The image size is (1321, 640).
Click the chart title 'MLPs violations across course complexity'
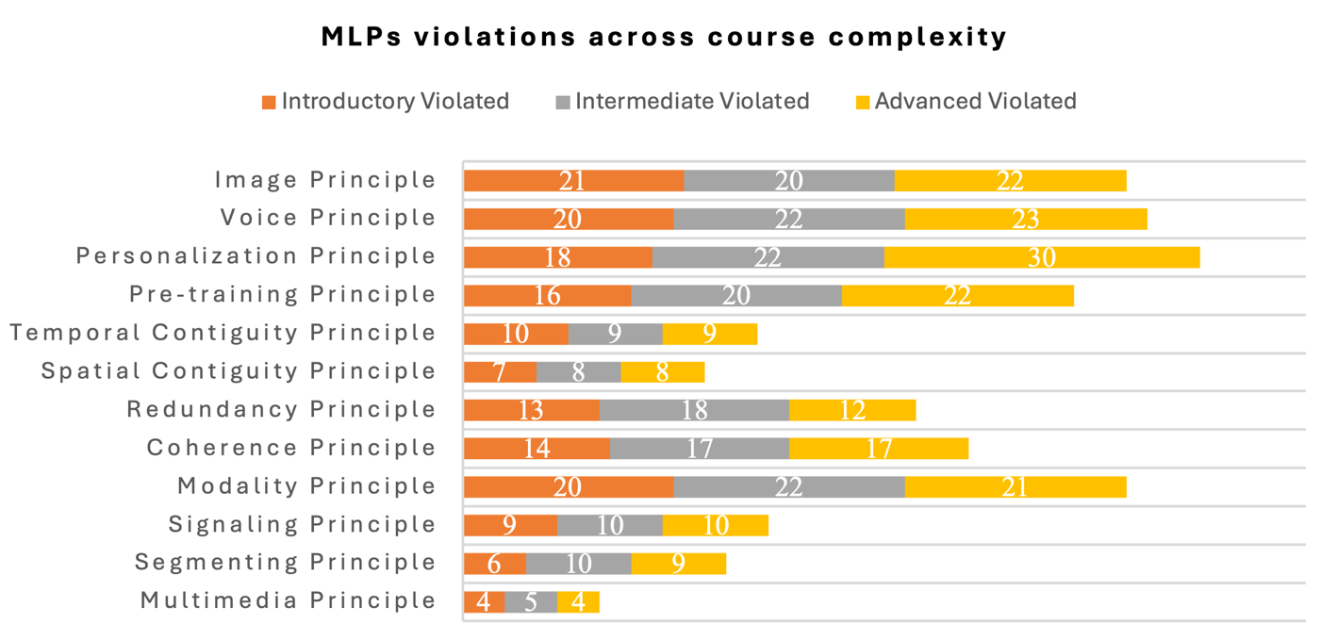(664, 37)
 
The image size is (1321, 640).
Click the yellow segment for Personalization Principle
(1041, 257)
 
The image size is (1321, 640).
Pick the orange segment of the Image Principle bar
(573, 180)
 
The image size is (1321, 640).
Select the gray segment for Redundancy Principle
(694, 410)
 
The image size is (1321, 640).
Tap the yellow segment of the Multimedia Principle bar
(578, 601)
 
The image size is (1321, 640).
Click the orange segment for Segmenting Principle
(494, 564)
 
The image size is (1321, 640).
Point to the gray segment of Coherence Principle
(699, 449)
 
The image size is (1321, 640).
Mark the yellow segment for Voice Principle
(1025, 219)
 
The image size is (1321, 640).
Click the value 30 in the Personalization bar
(1041, 257)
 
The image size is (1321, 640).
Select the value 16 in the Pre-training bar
(547, 295)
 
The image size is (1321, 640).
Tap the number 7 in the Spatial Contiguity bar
(500, 371)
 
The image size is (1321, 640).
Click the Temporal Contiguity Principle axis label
(223, 333)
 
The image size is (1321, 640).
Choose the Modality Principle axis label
(306, 486)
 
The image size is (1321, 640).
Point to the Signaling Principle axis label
(302, 524)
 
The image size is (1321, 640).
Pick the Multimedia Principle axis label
(288, 600)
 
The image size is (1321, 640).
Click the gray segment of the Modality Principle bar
(788, 486)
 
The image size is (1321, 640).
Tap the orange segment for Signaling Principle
(510, 525)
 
